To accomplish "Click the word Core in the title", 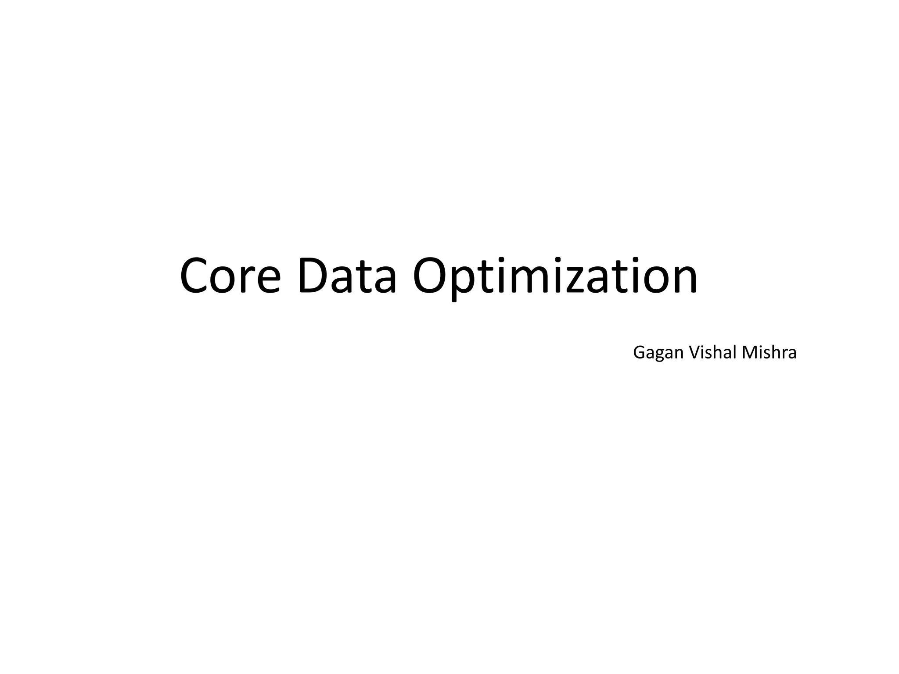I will click(x=230, y=276).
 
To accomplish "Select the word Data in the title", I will click(x=347, y=276).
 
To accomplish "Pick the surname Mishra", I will click(x=769, y=352).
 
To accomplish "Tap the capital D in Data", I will click(x=314, y=276).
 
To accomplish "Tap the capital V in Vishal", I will click(x=694, y=352).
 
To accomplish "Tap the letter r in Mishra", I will click(x=783, y=354).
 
